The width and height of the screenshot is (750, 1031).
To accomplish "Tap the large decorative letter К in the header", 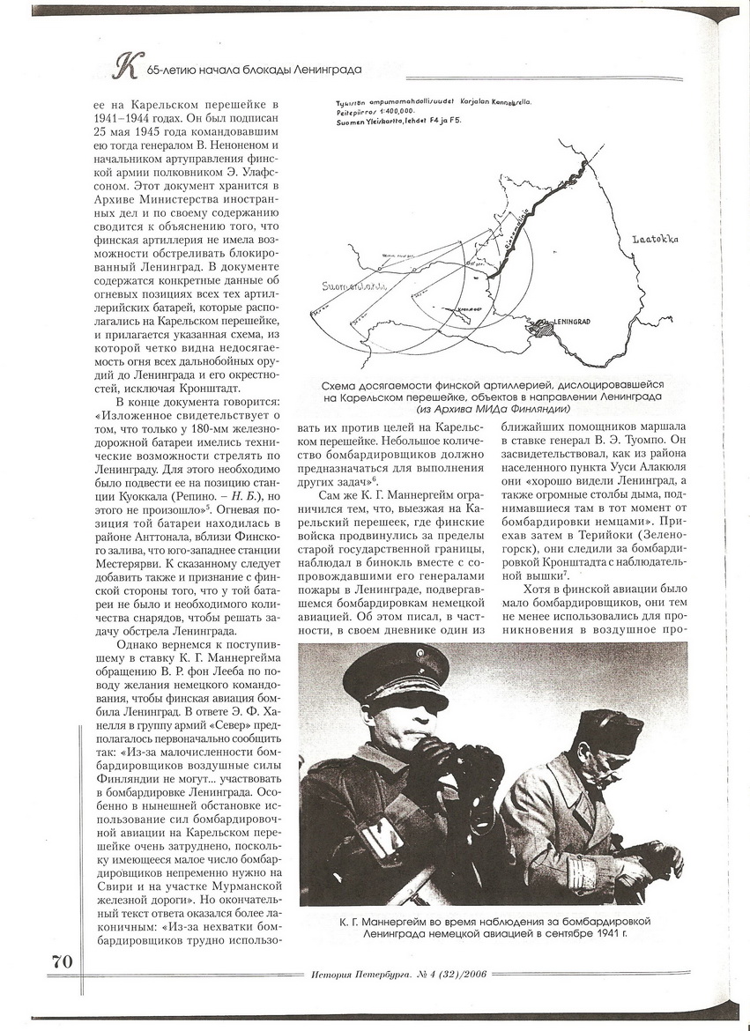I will (130, 64).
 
